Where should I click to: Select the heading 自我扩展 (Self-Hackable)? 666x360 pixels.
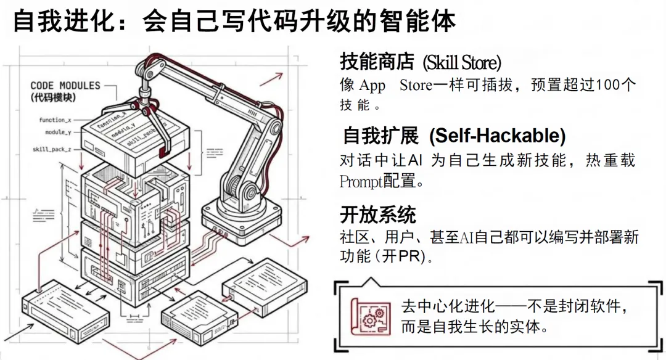(x=454, y=136)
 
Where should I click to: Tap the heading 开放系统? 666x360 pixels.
(x=378, y=215)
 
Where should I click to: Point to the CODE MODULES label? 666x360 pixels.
(x=65, y=86)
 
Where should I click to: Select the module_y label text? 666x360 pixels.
(x=58, y=132)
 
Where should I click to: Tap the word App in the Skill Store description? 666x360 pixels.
(x=372, y=85)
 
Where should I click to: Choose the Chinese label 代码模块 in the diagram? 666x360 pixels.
(x=53, y=97)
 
